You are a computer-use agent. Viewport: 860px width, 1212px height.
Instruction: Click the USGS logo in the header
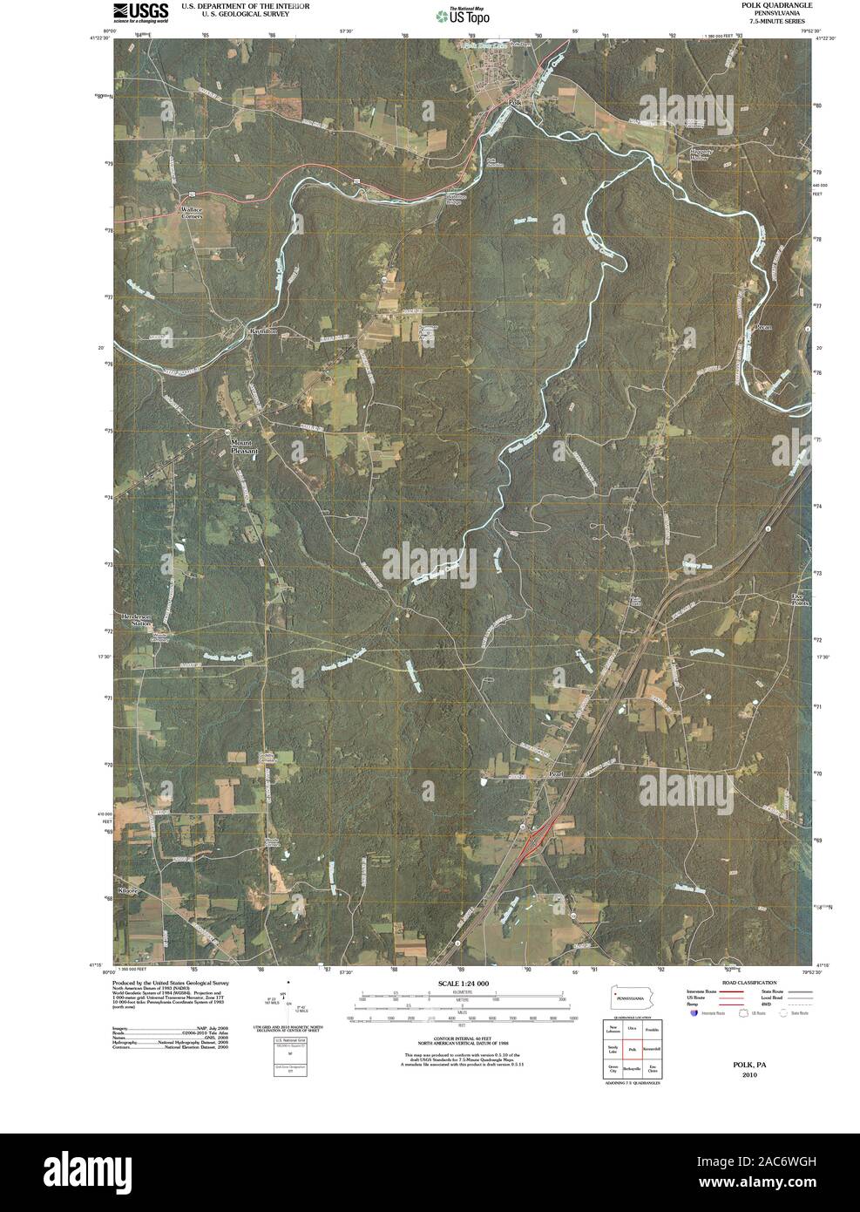(x=139, y=11)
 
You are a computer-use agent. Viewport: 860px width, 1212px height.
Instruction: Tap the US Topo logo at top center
(x=463, y=14)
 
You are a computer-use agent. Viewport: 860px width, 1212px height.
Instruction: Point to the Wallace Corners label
(x=191, y=213)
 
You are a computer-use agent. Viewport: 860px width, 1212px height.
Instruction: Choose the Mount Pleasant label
(x=245, y=446)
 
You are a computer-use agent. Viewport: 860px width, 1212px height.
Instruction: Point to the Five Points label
(x=800, y=599)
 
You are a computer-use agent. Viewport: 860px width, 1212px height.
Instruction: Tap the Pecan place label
(x=764, y=327)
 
